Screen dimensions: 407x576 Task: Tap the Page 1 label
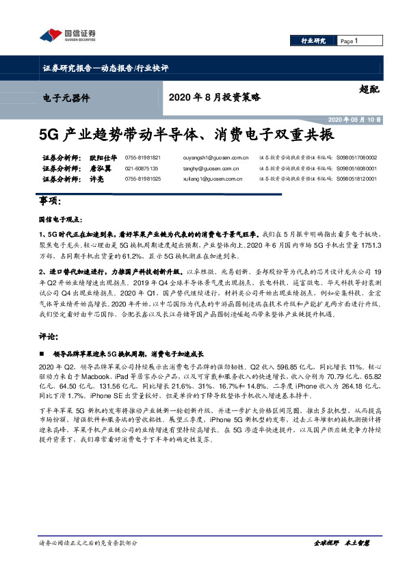[348, 41]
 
